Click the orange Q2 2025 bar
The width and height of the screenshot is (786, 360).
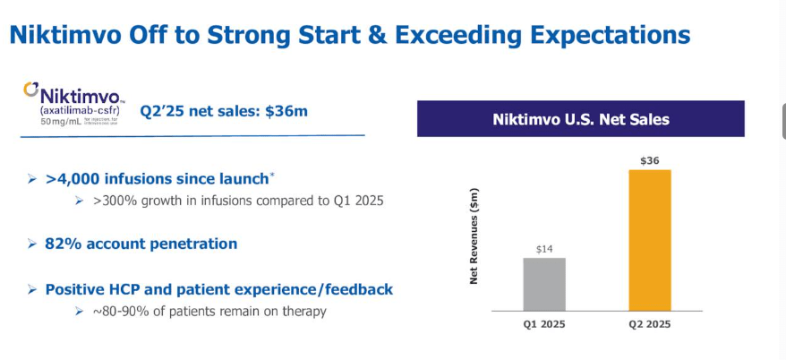[x=649, y=240]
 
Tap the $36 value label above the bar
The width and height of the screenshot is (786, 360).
[x=649, y=160]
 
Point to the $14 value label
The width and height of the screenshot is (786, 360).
[x=543, y=249]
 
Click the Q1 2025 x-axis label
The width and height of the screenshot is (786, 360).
[x=544, y=323]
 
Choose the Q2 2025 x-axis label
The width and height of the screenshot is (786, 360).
[x=649, y=323]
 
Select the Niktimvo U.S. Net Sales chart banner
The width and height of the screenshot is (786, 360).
[x=580, y=119]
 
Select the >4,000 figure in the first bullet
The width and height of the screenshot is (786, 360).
[x=73, y=179]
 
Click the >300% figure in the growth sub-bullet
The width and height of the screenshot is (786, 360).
[x=113, y=201]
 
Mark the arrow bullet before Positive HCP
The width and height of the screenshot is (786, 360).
[x=32, y=290]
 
